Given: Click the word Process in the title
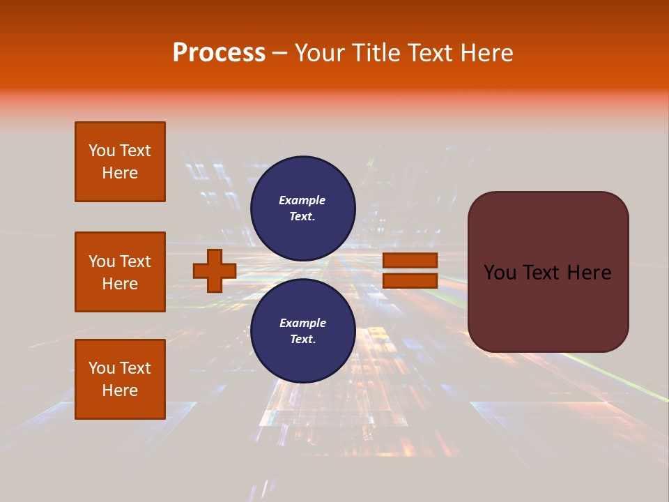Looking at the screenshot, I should click(219, 53).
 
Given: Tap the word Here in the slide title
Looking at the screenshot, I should click(485, 53).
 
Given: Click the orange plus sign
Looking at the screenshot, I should click(215, 271).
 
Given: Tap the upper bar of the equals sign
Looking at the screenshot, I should click(410, 260).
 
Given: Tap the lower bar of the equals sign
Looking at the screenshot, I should click(410, 281).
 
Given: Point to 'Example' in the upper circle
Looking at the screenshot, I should click(302, 200).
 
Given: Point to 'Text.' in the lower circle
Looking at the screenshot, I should click(302, 339).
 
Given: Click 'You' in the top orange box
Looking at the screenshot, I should click(102, 151).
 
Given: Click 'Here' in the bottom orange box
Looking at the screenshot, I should click(120, 390).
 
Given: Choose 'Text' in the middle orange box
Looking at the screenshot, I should click(134, 261).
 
